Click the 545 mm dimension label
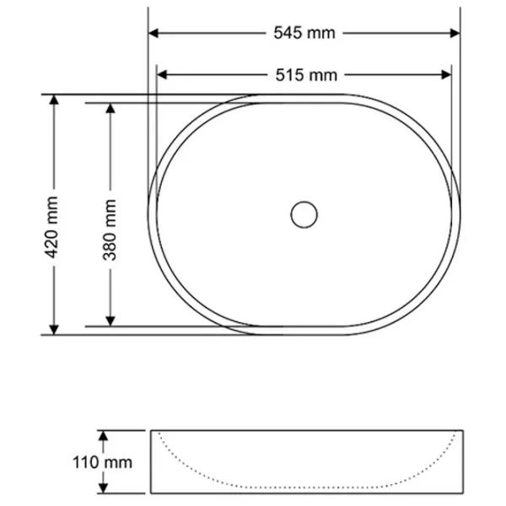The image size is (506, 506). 304,33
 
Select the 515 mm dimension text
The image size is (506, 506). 306,75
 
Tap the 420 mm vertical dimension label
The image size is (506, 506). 51,228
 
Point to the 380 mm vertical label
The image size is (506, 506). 110,229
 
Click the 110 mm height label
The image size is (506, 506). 103,462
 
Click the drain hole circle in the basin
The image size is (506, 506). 304,214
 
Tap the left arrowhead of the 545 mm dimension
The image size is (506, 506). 153,33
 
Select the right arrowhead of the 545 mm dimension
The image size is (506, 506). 455,33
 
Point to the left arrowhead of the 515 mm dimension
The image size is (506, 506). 162,75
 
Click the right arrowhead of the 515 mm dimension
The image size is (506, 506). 446,75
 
